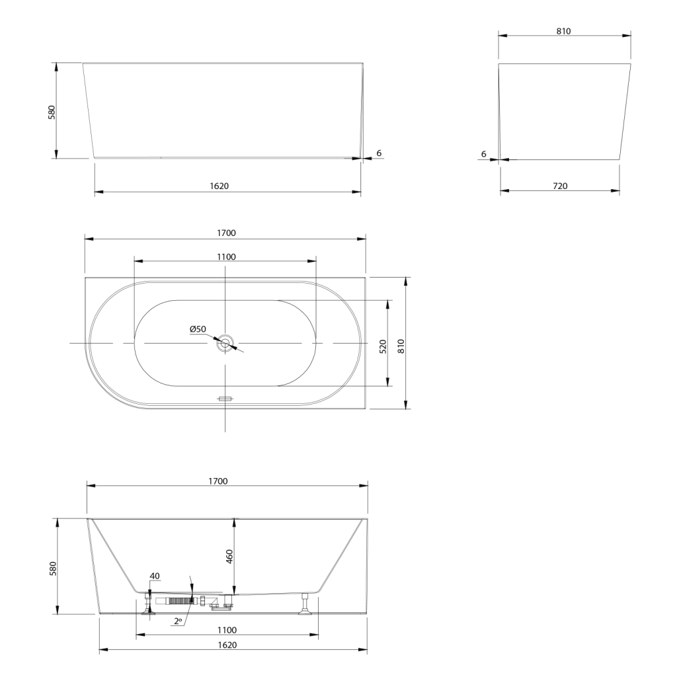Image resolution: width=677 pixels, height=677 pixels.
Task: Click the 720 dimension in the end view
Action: click(560, 186)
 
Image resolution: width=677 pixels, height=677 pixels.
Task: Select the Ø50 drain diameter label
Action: click(198, 329)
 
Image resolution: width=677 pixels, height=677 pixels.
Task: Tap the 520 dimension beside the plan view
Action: click(383, 346)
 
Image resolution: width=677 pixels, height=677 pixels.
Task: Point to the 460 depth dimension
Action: click(229, 556)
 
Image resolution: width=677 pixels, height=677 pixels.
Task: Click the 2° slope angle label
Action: click(179, 621)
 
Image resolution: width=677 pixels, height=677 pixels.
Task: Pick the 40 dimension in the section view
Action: click(155, 576)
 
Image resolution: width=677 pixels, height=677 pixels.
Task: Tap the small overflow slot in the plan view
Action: click(225, 399)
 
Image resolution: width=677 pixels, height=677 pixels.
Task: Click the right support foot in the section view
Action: click(305, 604)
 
